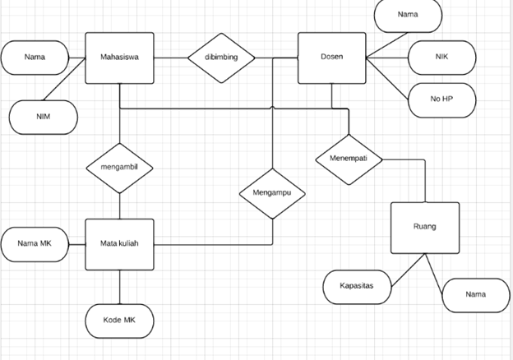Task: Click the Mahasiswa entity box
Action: coord(119,58)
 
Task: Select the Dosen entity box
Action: coord(331,58)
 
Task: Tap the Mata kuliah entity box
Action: coord(119,244)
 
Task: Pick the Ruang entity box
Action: coord(424,227)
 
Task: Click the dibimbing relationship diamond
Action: coord(221,58)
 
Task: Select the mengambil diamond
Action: coord(119,168)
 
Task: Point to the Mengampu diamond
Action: coord(272,194)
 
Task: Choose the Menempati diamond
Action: coord(349,158)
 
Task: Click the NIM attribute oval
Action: coord(43,117)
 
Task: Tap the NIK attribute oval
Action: coord(441,58)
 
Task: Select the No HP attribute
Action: coord(441,99)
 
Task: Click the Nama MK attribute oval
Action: coord(35,244)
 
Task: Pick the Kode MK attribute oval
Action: coord(119,320)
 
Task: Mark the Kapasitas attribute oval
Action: coord(357,286)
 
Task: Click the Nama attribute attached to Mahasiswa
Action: coord(35,58)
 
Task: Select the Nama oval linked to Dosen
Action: coord(407,15)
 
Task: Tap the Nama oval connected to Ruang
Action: coord(475,294)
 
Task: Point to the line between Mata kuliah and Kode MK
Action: coord(119,287)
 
